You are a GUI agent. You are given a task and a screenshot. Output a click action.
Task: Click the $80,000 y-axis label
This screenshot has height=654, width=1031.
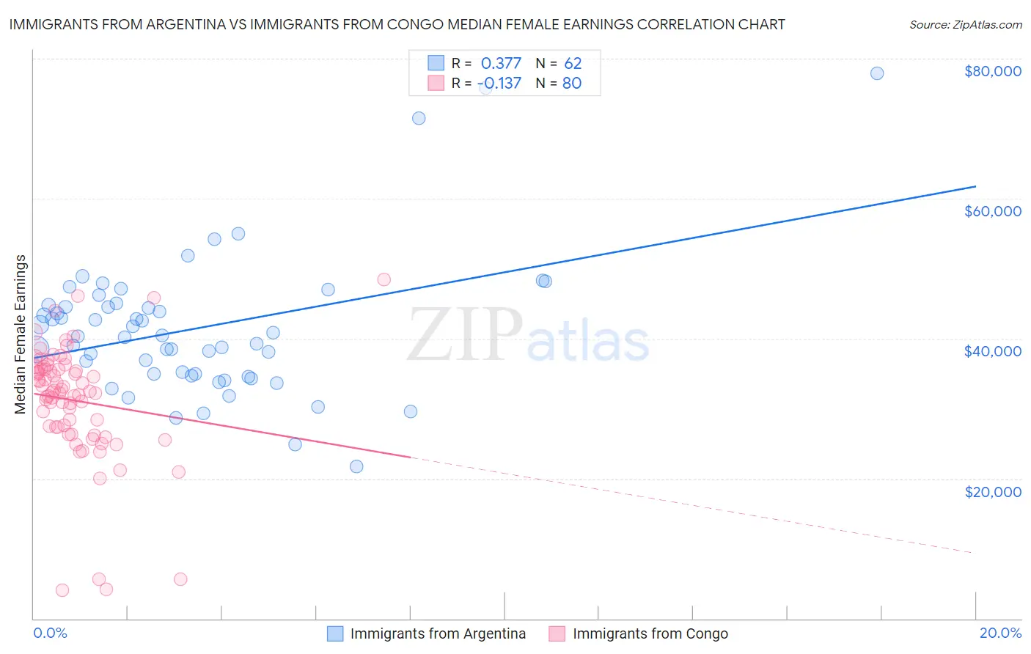pyautogui.click(x=992, y=71)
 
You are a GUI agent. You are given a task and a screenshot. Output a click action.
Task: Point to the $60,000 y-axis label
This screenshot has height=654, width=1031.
pyautogui.click(x=992, y=211)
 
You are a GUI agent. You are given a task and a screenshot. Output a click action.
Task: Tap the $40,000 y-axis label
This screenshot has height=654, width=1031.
pyautogui.click(x=992, y=351)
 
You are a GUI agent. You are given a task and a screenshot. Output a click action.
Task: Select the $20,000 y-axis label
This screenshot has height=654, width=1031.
pyautogui.click(x=992, y=491)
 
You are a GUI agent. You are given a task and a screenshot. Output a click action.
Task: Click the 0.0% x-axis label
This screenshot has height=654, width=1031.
pyautogui.click(x=50, y=633)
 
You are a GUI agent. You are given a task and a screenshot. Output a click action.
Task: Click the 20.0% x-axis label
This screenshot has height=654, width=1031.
pyautogui.click(x=1000, y=633)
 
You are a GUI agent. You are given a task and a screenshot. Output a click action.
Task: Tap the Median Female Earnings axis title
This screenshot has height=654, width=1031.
pyautogui.click(x=20, y=334)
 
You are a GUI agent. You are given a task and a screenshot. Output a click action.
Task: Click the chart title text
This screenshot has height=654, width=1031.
pyautogui.click(x=397, y=24)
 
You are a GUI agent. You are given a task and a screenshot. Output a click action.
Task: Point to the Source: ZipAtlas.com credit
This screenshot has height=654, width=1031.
pyautogui.click(x=965, y=24)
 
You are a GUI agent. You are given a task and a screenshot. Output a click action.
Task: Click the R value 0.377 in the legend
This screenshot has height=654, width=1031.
pyautogui.click(x=501, y=63)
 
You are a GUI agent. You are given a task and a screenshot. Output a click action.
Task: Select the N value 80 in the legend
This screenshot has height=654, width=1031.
pyautogui.click(x=572, y=83)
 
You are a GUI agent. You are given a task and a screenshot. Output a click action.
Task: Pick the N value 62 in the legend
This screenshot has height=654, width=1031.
pyautogui.click(x=572, y=63)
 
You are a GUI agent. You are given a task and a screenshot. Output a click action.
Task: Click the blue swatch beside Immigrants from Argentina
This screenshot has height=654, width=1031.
pyautogui.click(x=335, y=633)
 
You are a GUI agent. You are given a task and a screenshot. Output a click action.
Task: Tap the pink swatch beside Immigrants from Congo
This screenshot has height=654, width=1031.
pyautogui.click(x=557, y=633)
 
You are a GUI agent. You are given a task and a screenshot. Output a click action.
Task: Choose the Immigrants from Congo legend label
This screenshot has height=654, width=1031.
pyautogui.click(x=650, y=633)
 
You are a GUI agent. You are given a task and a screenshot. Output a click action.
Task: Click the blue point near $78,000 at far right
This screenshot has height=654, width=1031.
pyautogui.click(x=876, y=73)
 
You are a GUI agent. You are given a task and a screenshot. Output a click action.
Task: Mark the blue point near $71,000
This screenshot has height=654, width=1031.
pyautogui.click(x=419, y=118)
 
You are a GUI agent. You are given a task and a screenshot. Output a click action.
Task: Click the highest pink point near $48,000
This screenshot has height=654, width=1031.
pyautogui.click(x=384, y=279)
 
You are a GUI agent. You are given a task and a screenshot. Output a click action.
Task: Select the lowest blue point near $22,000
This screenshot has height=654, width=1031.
pyautogui.click(x=356, y=466)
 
